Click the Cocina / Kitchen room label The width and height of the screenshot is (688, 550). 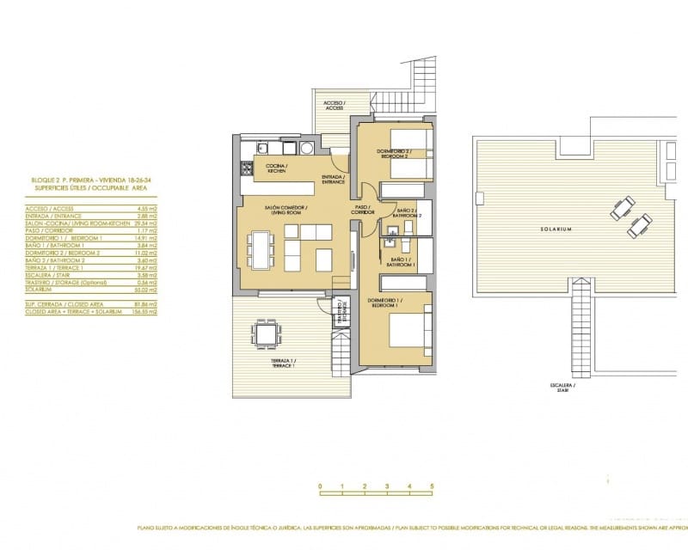[276, 168]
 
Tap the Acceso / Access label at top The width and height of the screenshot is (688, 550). [334, 105]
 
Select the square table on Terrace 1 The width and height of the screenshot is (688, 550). [267, 332]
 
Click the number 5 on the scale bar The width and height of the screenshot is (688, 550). [432, 487]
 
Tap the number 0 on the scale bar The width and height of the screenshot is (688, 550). [320, 487]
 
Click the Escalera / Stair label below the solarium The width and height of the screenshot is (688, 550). [563, 387]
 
